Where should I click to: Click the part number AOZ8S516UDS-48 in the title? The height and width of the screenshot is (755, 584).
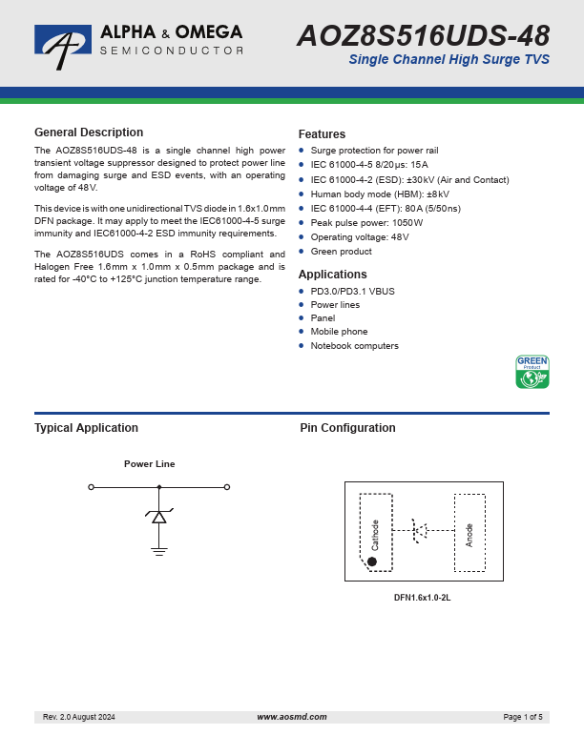pos(423,36)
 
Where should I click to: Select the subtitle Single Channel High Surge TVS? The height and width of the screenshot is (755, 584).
pos(448,61)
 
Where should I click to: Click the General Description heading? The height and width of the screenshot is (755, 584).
pos(89,133)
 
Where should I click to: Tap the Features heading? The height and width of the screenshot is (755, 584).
pos(322,134)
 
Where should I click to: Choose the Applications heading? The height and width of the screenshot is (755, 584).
pos(332,275)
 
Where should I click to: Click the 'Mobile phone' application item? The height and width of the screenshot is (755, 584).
pos(339,332)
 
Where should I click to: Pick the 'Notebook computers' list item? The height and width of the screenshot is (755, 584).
pos(354,346)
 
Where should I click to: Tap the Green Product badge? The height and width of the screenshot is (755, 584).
pos(532,372)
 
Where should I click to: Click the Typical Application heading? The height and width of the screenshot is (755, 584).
pos(86,428)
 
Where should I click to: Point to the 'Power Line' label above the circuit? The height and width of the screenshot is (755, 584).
pos(150,464)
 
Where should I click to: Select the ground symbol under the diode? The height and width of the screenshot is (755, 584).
pos(158,550)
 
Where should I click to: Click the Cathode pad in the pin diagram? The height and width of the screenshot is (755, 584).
pos(376,533)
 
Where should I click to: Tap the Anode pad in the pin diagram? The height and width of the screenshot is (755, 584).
pos(469,533)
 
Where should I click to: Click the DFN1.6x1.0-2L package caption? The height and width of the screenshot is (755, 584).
pos(422,598)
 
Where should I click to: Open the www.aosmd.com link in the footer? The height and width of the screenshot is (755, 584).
pos(291,717)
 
